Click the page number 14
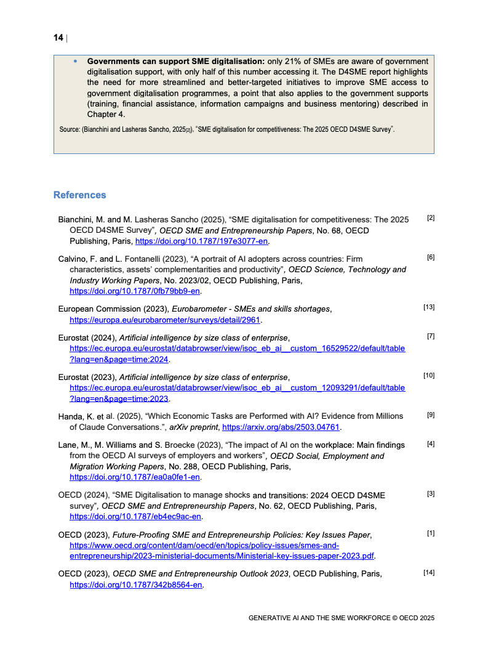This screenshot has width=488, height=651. (x=58, y=38)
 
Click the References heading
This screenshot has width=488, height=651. (x=79, y=195)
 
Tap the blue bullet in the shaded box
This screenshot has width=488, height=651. (x=76, y=62)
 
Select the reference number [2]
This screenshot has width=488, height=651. (x=431, y=218)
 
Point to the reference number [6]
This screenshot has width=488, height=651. (x=431, y=257)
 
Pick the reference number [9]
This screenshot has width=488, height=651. (x=431, y=415)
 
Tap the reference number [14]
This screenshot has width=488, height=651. (x=429, y=573)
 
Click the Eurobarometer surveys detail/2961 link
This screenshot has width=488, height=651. (x=166, y=320)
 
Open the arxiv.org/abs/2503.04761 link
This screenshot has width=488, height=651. (x=281, y=427)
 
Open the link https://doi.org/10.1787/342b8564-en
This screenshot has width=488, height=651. (x=136, y=585)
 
